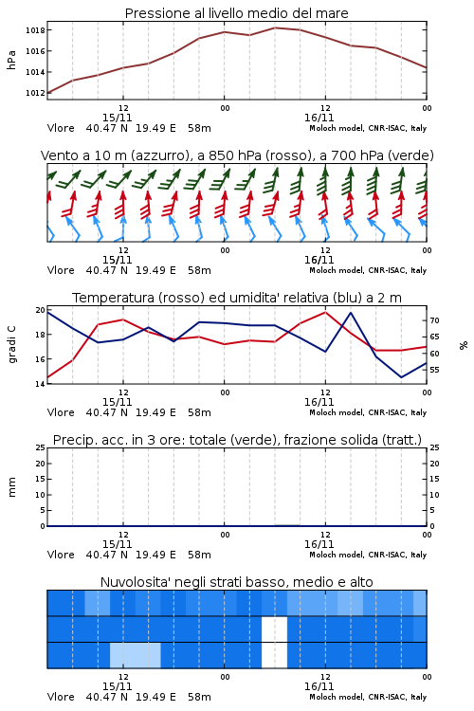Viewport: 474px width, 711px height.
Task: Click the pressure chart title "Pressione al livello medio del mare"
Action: pos(236,13)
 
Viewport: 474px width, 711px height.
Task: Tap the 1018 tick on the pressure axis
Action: pos(35,30)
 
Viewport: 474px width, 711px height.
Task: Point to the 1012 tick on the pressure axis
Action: pos(35,93)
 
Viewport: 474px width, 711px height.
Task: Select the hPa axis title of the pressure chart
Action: pos(11,60)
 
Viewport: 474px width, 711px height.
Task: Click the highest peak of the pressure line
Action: pos(275,27)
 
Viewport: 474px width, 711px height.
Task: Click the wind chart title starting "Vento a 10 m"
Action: pos(237,155)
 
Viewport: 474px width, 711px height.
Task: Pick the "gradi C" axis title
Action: pos(11,345)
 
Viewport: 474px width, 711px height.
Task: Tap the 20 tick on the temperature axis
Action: pos(41,310)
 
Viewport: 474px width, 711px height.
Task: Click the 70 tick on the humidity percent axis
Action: pos(434,320)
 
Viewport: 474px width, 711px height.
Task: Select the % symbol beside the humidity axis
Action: pos(464,345)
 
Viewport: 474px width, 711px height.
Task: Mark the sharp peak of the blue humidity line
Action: pos(351,313)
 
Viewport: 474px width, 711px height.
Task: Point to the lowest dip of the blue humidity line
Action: pos(401,376)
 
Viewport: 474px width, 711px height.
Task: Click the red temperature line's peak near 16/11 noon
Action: pos(325,312)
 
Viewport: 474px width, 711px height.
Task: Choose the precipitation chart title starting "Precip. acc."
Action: pos(237,440)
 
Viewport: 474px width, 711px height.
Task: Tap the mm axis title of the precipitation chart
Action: pos(11,487)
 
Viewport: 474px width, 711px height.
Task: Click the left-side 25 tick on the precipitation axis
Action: pos(41,447)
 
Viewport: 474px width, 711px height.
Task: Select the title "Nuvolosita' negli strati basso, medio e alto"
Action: pos(236,582)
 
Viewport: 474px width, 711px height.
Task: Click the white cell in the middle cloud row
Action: pos(274,629)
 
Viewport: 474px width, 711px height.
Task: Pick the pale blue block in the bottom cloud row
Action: pos(136,655)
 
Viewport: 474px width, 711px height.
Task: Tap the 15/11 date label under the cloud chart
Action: pos(117,686)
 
